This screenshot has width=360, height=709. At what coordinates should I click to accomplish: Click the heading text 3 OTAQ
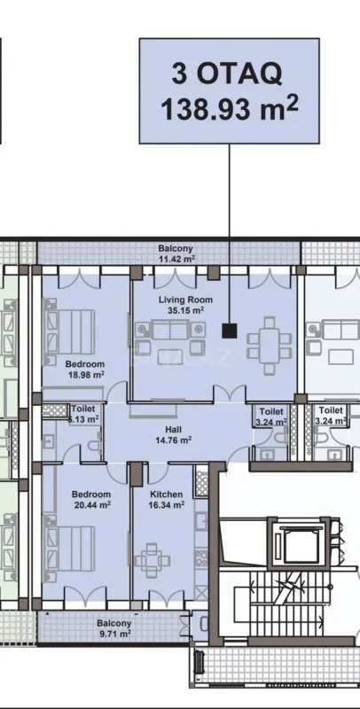(229, 75)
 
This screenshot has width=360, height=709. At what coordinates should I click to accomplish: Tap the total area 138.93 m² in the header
(229, 109)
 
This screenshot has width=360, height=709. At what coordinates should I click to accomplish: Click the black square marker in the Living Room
(230, 331)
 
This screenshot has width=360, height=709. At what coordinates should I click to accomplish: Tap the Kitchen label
(166, 495)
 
